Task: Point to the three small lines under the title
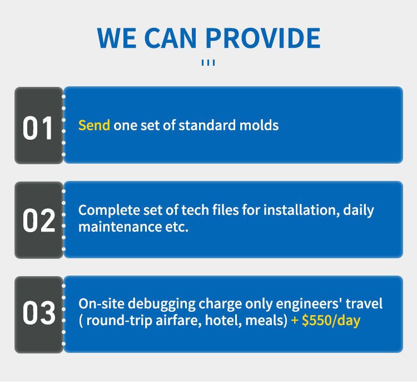[x=208, y=63]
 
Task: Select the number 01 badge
[x=38, y=128]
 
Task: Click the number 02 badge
[x=38, y=221]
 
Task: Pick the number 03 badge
[x=38, y=313]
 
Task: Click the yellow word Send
[x=94, y=125]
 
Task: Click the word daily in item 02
[x=359, y=210]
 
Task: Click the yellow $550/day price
[x=331, y=321]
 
